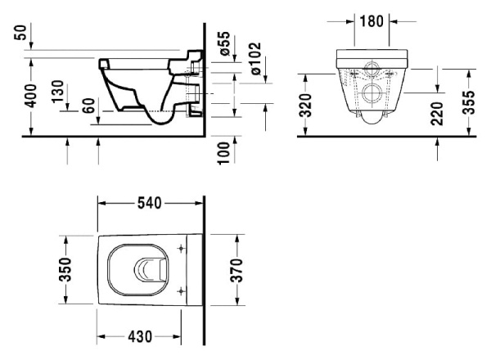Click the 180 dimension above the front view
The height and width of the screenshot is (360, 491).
(372, 20)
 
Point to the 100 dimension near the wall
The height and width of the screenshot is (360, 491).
(223, 152)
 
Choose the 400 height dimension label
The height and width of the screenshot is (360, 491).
(32, 97)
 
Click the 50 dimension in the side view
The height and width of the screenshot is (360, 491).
(18, 35)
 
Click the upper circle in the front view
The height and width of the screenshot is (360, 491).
(372, 69)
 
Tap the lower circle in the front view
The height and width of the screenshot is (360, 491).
(372, 92)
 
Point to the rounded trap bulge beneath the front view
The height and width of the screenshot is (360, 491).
(372, 119)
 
